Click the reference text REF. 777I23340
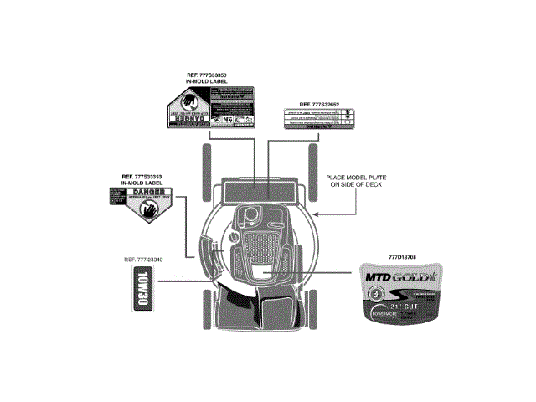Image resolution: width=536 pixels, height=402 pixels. (x=142, y=260)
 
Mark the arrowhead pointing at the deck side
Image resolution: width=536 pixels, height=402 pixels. (x=316, y=214)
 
